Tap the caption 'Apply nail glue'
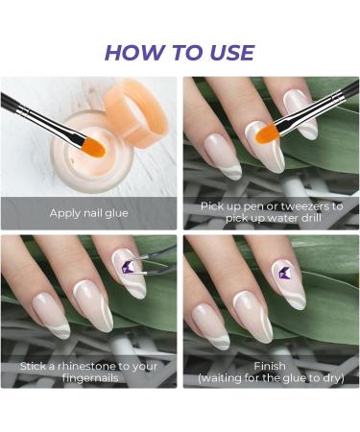point(88,212)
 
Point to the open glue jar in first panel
point(91,158)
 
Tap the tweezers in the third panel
point(149,261)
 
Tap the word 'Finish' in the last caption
point(270,366)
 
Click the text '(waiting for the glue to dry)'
point(270,379)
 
